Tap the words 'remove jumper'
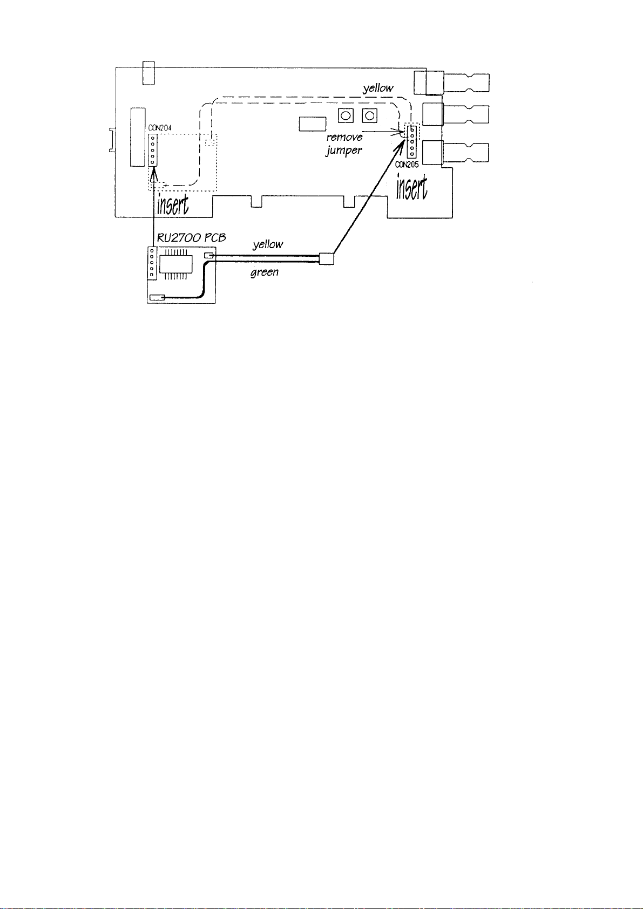[344, 143]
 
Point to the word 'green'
[265, 272]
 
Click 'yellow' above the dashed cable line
[378, 88]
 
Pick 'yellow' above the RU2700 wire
[268, 244]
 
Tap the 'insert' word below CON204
[175, 204]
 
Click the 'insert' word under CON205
[412, 188]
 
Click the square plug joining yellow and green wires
[327, 259]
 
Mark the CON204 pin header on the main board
[153, 150]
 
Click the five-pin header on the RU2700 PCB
[152, 263]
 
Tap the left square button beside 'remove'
[346, 115]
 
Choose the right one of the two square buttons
[369, 115]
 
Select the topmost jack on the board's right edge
[454, 83]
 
